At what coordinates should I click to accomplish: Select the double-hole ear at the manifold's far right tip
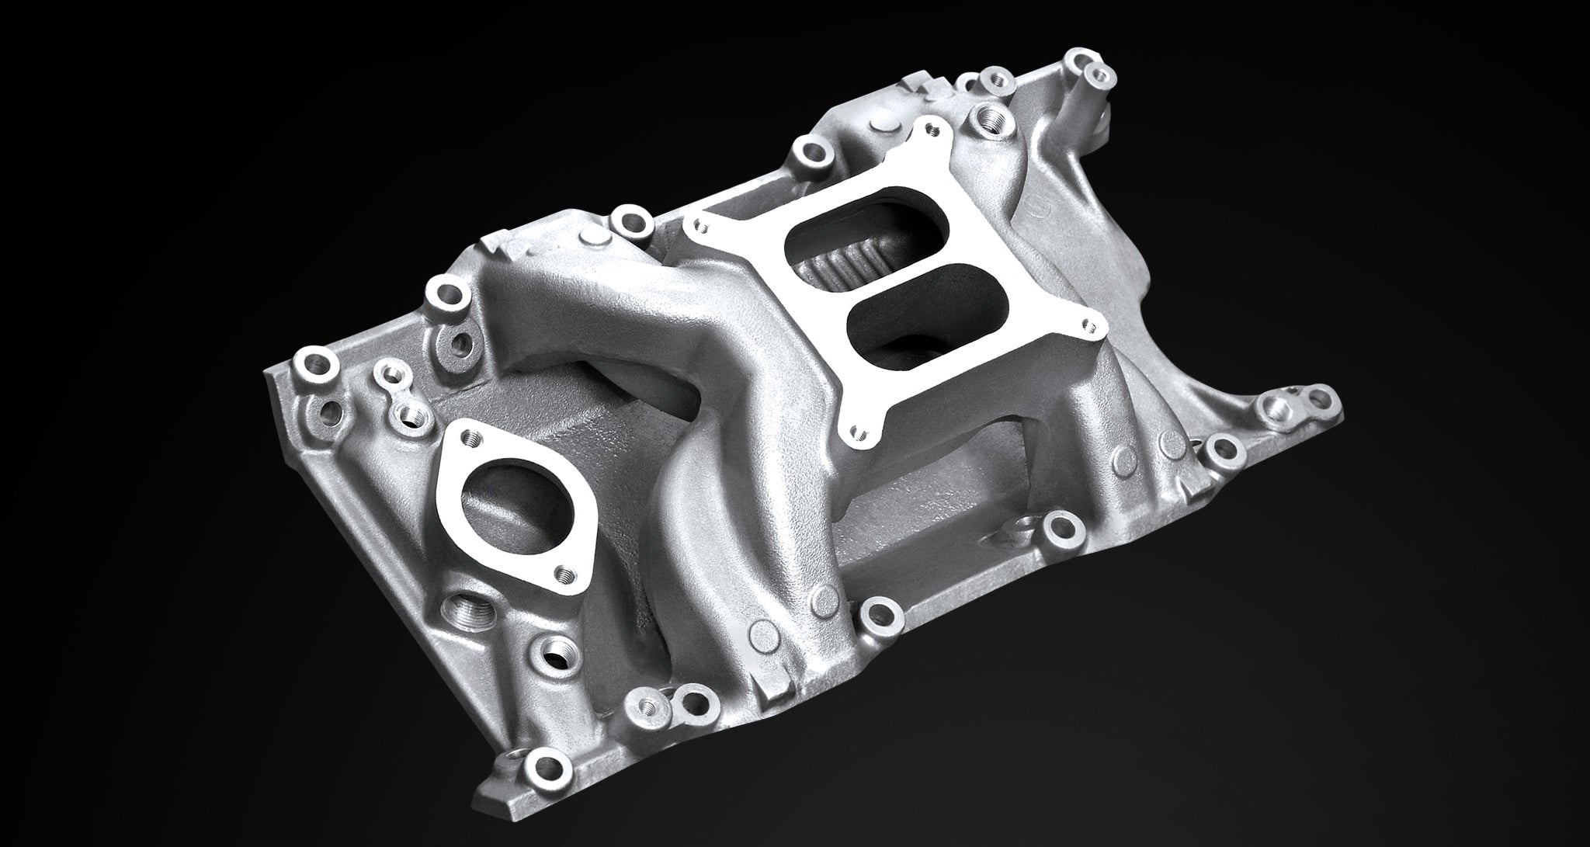coord(1312,400)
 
